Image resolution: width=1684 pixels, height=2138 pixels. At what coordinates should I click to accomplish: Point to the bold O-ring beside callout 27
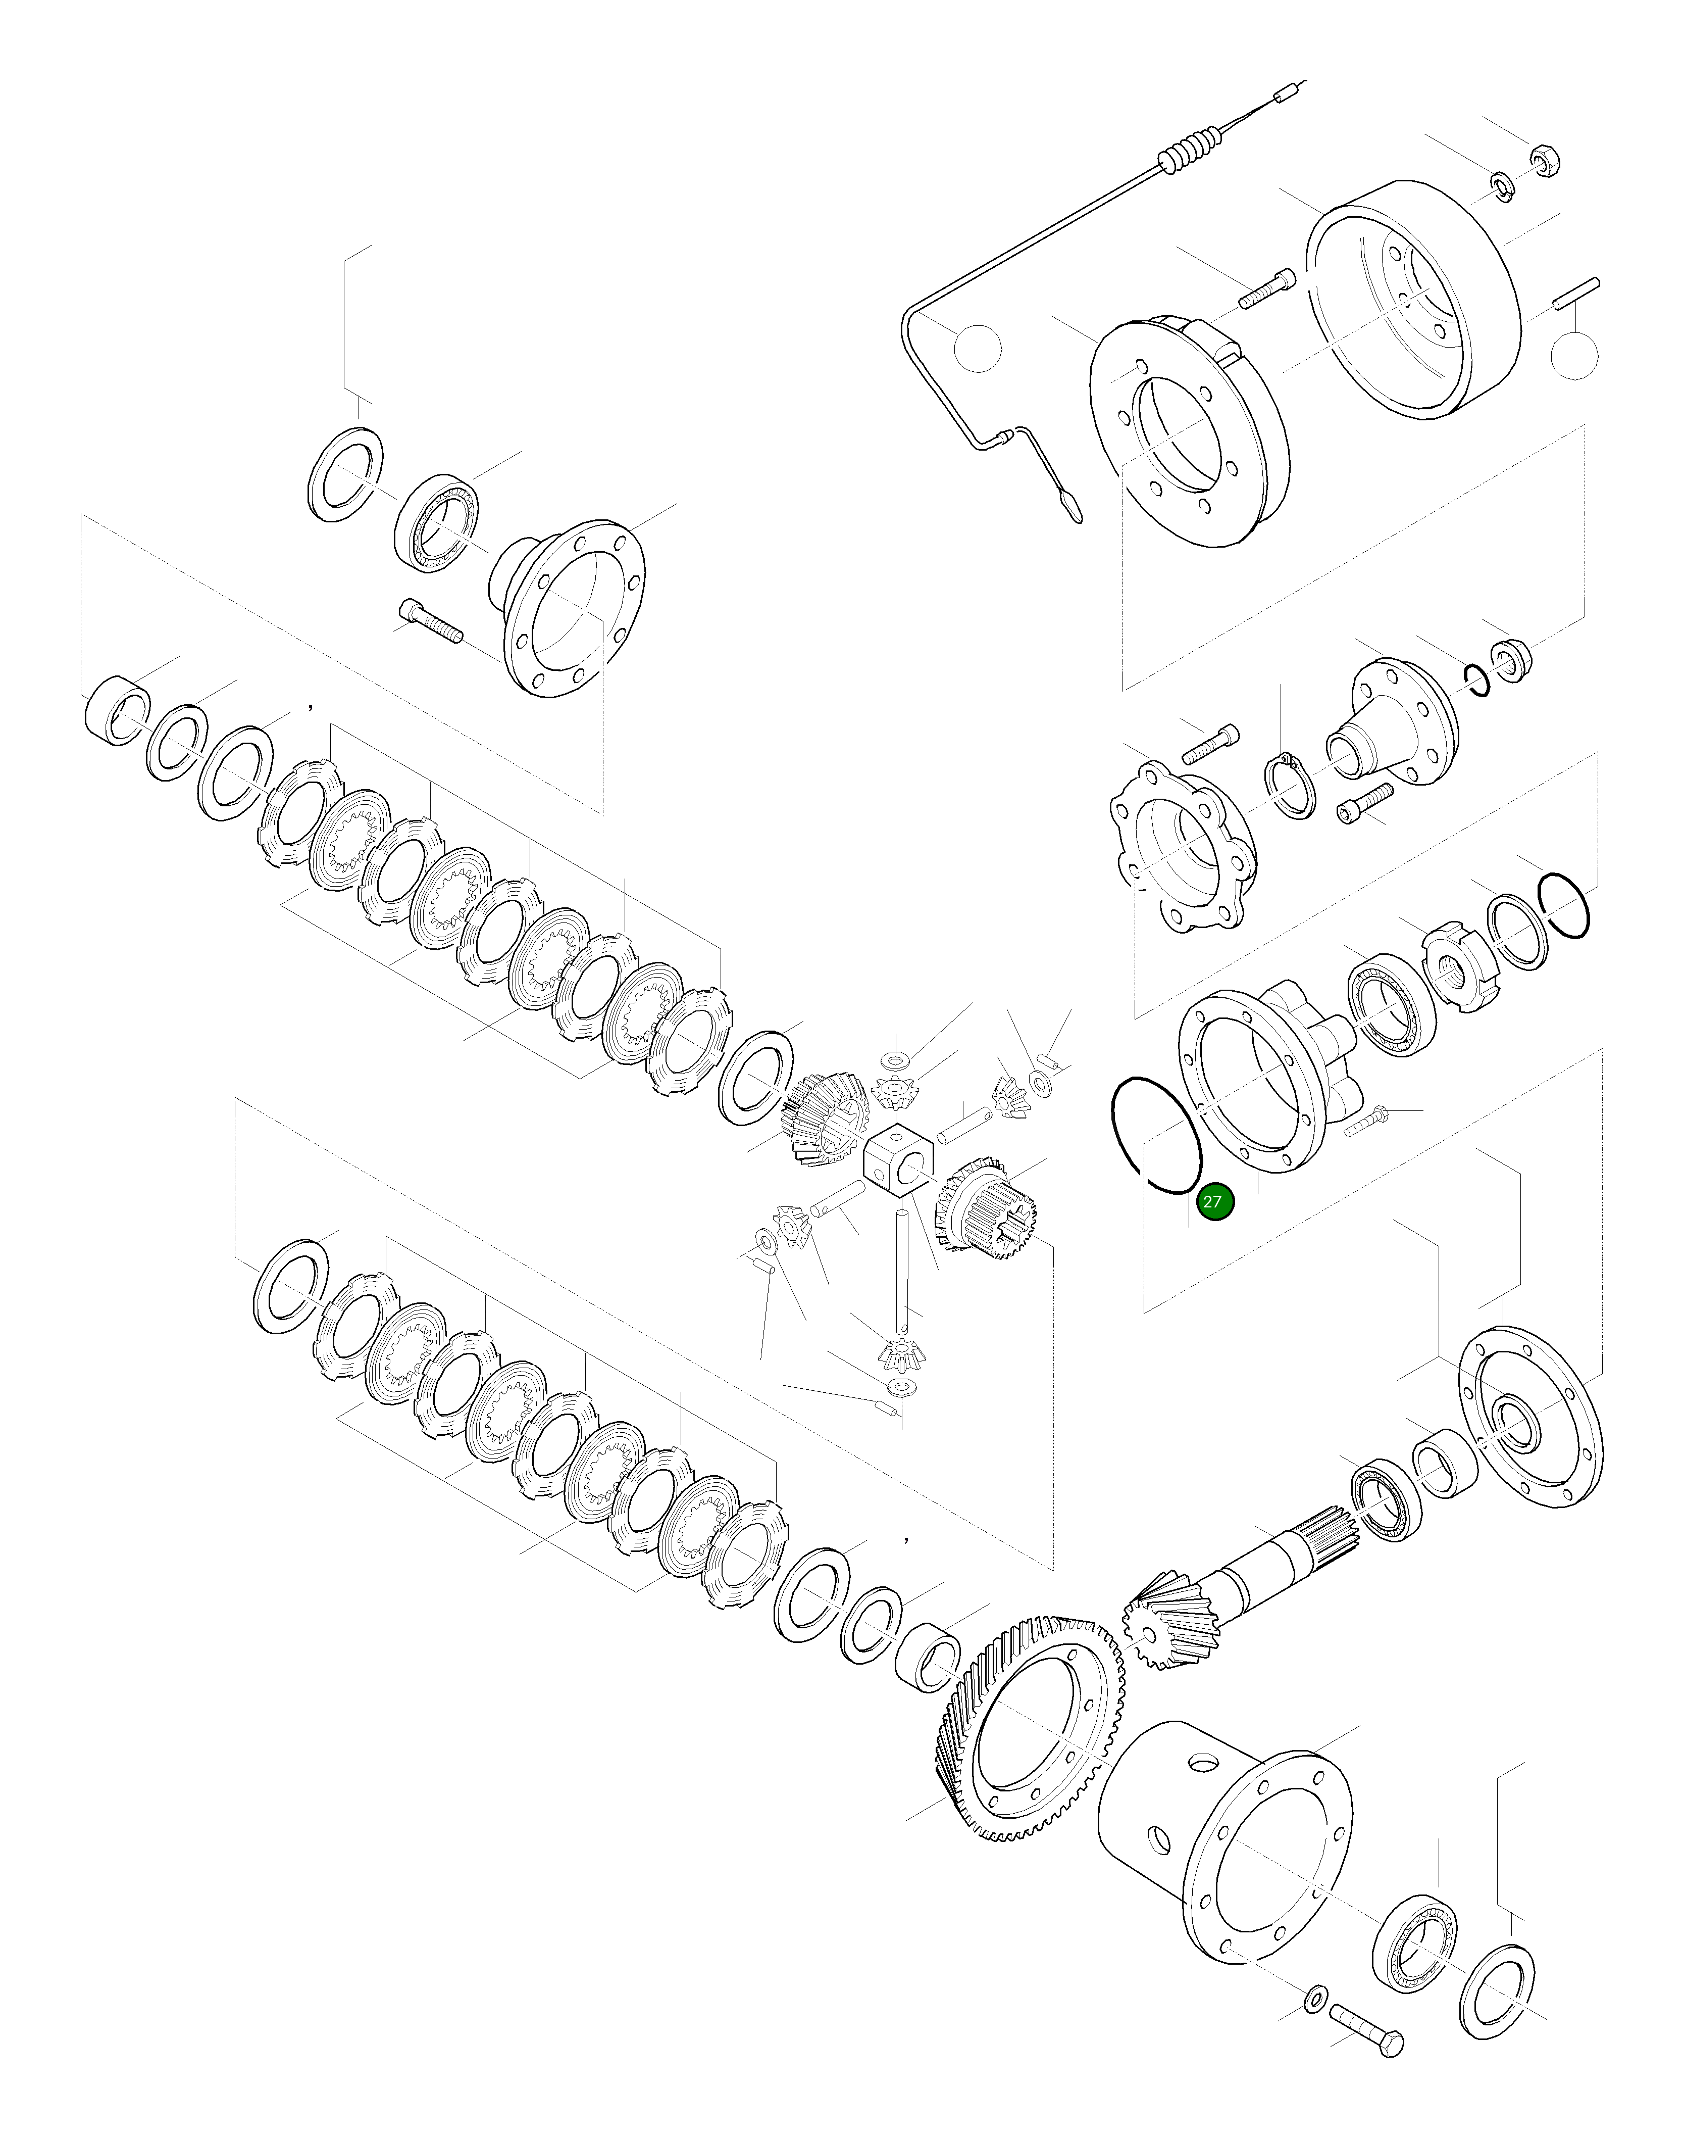click(x=1155, y=1134)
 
